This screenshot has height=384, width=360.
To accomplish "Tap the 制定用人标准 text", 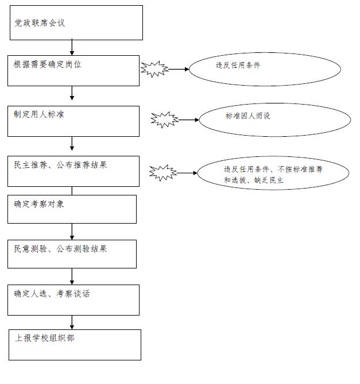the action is click(39, 114).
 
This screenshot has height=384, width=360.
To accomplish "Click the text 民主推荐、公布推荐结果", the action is click(60, 165).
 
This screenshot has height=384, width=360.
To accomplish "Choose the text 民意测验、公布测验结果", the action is click(60, 249).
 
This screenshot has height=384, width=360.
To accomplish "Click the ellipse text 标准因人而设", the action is click(247, 116).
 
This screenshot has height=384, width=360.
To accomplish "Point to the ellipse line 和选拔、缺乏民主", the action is click(254, 181).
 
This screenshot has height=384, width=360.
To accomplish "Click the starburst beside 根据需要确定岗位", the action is click(154, 69).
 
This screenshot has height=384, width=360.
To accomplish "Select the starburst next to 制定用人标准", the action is click(165, 120).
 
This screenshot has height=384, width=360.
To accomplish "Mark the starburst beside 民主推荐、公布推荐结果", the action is click(163, 173).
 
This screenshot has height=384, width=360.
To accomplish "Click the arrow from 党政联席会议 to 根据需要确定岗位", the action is click(72, 47).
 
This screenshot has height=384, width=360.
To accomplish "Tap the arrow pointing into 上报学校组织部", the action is click(72, 322).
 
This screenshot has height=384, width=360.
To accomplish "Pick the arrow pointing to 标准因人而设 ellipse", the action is click(189, 120).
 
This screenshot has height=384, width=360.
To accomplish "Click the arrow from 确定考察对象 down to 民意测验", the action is click(72, 232).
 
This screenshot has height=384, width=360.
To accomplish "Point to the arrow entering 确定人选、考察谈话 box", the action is click(72, 277).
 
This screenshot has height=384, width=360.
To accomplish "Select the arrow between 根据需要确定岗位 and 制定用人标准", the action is click(72, 93).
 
